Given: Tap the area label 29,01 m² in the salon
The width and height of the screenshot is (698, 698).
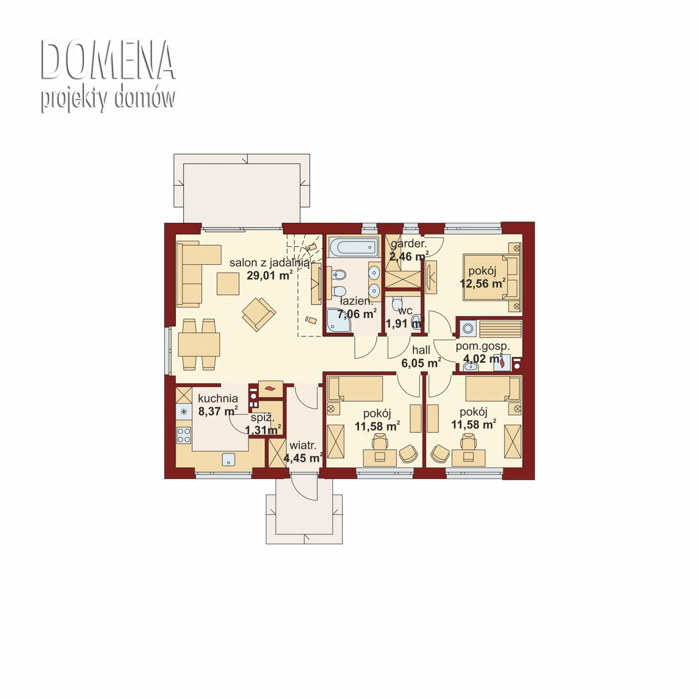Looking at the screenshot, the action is coord(270,275).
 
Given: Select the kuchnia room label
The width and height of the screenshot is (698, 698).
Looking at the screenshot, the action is coord(218,398).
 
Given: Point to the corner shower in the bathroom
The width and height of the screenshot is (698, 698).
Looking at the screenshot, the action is coord(339,321).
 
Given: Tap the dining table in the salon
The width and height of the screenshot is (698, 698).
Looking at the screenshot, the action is coord(199,344).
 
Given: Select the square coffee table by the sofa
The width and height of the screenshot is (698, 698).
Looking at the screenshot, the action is coord(228,283).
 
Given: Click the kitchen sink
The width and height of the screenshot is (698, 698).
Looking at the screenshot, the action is coord(229,460).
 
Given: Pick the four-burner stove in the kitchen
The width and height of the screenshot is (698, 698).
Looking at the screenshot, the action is coord(184,435).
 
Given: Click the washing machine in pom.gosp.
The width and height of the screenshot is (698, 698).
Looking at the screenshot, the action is coord(468,329).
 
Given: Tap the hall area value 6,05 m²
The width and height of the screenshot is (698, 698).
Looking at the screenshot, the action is coord(421,364).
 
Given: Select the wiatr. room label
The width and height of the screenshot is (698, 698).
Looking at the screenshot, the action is coord(303,446).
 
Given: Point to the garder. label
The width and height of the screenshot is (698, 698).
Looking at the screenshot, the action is coord(408,244).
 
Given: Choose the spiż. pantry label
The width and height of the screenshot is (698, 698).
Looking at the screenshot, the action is coord(263,418).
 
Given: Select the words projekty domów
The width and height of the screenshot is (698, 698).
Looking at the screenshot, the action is coord(108,98).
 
